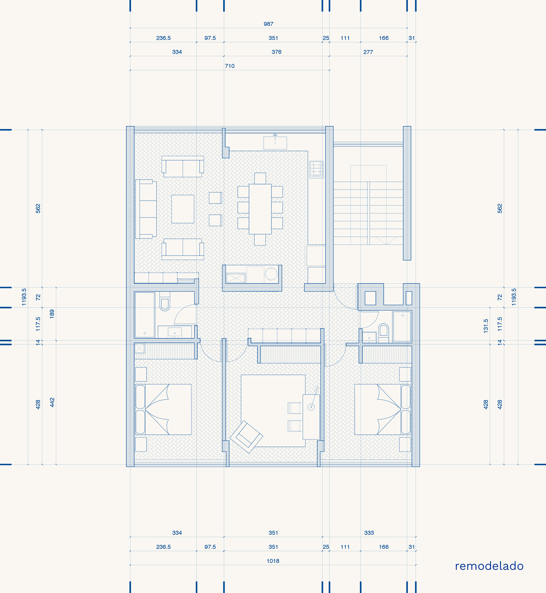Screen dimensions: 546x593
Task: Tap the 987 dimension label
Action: pos(269,24)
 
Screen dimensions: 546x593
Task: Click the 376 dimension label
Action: pos(276,52)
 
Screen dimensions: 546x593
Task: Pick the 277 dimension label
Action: pos(368,52)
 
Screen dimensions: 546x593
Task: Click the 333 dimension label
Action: pos(369,533)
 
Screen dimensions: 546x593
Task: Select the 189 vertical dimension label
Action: pos(52,314)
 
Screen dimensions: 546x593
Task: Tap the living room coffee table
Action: pos(183,209)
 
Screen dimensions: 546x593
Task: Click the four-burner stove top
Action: pos(316,169)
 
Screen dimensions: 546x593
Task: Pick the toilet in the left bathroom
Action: pos(165,301)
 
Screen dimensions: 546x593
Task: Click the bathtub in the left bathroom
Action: pos(145,315)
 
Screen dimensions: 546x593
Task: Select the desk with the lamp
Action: pos(311,417)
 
